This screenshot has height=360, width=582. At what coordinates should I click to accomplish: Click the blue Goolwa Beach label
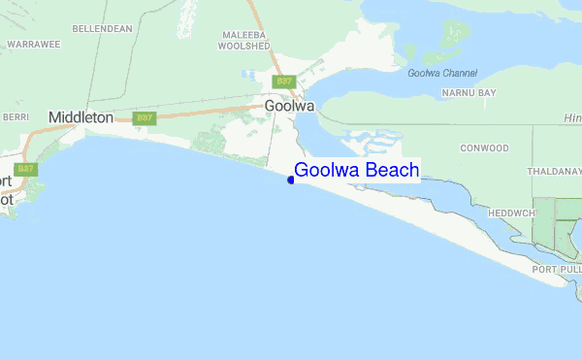(x=357, y=171)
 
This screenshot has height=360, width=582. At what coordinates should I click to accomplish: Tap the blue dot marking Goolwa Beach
(x=291, y=180)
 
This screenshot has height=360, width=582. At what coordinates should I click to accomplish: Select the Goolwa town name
(x=288, y=107)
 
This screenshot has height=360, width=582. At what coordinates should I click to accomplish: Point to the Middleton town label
(x=81, y=117)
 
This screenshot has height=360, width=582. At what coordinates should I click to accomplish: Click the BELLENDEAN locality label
(x=102, y=29)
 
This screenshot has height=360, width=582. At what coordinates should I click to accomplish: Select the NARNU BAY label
(x=469, y=92)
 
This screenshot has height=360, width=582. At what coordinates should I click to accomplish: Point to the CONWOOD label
(x=485, y=148)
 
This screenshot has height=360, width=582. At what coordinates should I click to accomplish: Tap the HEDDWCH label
(x=511, y=213)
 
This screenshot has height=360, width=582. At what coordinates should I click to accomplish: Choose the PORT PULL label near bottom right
(x=555, y=269)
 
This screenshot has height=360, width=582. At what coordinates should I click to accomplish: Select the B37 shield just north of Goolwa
(x=283, y=82)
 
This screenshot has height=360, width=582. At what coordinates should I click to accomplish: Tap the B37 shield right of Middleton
(x=145, y=118)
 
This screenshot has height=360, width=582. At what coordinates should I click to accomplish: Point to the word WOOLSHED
(x=242, y=46)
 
